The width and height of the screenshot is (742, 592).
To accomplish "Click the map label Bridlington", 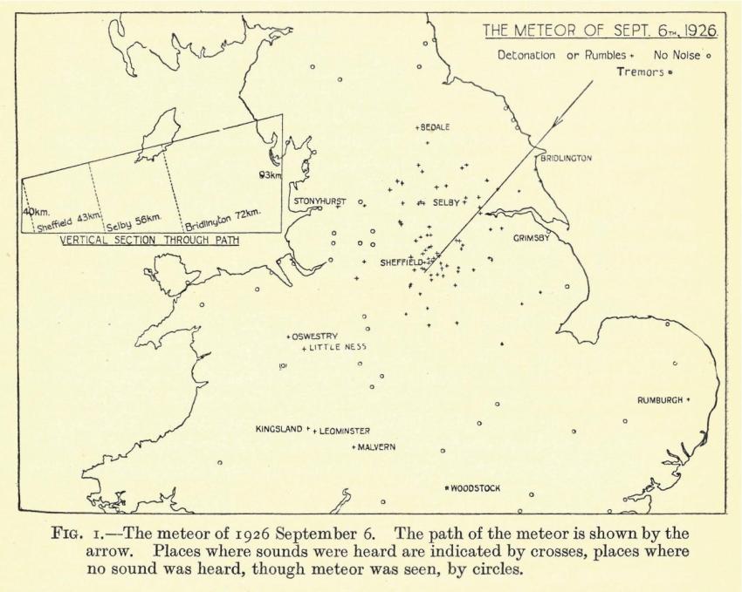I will [567, 159].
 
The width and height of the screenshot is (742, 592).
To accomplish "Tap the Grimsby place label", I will [532, 238].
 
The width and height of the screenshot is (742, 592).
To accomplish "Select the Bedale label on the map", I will [435, 127].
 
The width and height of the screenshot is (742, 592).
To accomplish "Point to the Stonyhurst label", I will [319, 201].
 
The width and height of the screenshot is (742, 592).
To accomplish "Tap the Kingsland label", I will [278, 429].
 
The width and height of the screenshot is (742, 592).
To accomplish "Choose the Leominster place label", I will [344, 431].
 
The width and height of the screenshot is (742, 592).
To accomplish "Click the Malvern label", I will [376, 447].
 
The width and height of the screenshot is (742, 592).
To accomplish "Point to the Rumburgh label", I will [662, 400].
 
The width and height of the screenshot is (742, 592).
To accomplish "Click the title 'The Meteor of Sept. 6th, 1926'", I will [601, 31].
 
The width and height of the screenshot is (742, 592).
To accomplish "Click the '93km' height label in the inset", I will [271, 174].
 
